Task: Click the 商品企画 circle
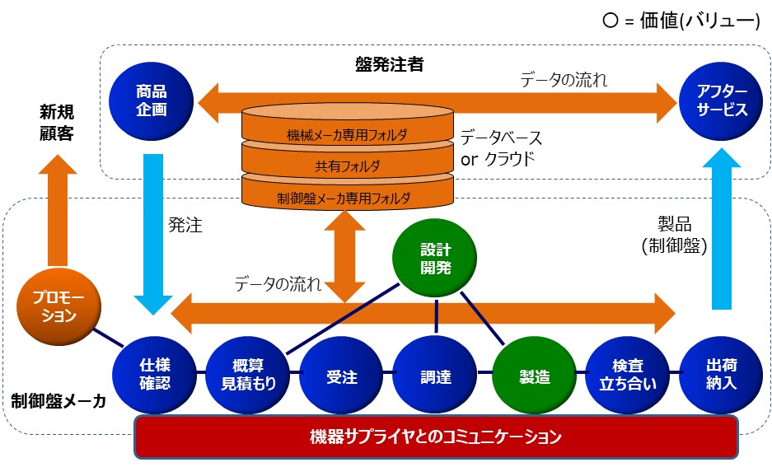click(151, 100)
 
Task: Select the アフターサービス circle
click(721, 100)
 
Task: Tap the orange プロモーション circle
click(59, 306)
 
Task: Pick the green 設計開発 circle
click(435, 259)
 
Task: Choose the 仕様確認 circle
click(155, 375)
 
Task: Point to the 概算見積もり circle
click(248, 376)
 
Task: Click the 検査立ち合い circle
click(628, 376)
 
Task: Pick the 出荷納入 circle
click(721, 376)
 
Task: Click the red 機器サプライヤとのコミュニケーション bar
click(436, 437)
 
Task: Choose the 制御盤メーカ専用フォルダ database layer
click(348, 194)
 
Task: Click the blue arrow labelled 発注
click(153, 234)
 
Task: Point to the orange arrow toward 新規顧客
click(58, 211)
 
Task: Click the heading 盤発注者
click(390, 64)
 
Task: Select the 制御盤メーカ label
click(58, 401)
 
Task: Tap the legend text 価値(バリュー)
click(700, 21)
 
